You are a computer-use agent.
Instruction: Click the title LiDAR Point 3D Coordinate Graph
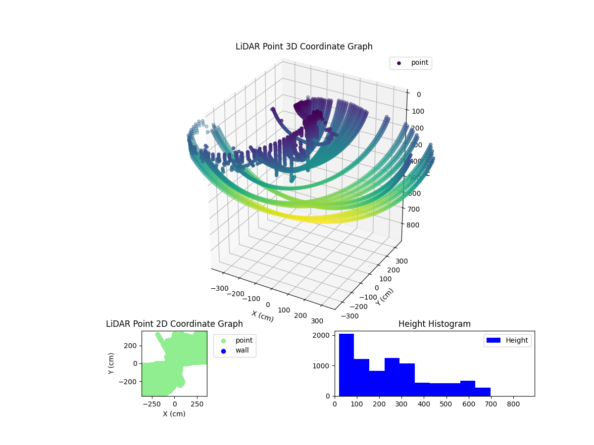pyautogui.click(x=304, y=46)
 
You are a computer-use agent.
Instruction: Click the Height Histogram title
pyautogui.click(x=434, y=324)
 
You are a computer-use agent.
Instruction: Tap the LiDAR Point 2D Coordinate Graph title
pyautogui.click(x=174, y=324)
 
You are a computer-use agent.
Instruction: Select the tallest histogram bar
pyautogui.click(x=346, y=365)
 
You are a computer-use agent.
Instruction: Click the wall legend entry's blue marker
pyautogui.click(x=223, y=351)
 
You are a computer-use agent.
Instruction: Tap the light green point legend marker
pyautogui.click(x=223, y=341)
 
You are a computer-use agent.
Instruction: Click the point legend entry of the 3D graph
pyautogui.click(x=411, y=63)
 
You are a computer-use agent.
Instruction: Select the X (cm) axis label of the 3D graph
pyautogui.click(x=262, y=316)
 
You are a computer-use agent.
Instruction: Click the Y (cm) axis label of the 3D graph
pyautogui.click(x=385, y=297)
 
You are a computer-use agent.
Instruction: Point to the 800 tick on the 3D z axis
pyautogui.click(x=415, y=225)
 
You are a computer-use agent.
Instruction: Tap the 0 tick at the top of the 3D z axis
pyautogui.click(x=418, y=95)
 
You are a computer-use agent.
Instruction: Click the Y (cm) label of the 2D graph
pyautogui.click(x=111, y=363)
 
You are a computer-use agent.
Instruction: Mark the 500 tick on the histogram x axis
pyautogui.click(x=446, y=403)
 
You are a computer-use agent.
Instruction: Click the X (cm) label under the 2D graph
pyautogui.click(x=174, y=414)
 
